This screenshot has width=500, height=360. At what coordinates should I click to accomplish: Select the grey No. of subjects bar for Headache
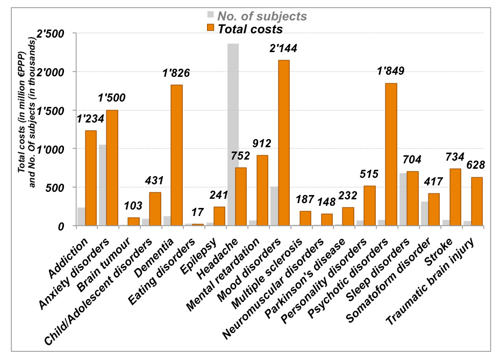(x=233, y=134)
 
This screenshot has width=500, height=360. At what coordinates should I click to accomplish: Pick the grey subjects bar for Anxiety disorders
(x=103, y=185)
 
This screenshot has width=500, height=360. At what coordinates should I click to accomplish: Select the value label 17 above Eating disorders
(x=197, y=213)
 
